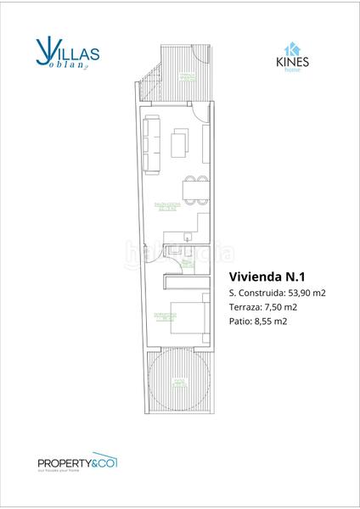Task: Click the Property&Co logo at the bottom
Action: point(76,462)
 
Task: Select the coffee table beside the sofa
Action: point(179,143)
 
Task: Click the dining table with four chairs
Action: point(194,190)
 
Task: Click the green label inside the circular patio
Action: point(178,382)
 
